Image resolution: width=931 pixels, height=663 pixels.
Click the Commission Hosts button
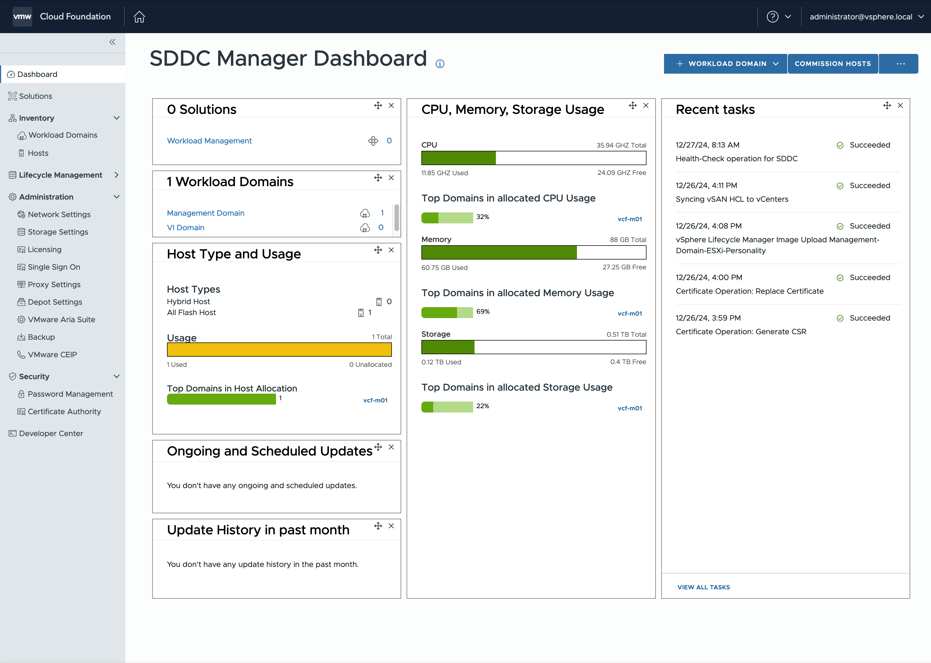(833, 64)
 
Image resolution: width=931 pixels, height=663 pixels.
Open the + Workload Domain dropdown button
(725, 64)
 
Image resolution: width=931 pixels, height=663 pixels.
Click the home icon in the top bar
(139, 17)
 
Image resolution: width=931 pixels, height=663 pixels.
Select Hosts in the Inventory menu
(38, 153)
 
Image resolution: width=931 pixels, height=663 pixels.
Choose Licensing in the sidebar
(45, 249)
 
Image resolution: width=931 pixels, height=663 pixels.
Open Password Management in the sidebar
(70, 394)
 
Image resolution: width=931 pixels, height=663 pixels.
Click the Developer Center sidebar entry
(51, 434)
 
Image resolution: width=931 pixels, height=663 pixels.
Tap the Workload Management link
(209, 141)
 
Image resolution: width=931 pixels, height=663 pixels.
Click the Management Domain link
(205, 213)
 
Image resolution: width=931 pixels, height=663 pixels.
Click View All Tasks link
(703, 587)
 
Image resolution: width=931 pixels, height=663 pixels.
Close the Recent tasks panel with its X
(900, 105)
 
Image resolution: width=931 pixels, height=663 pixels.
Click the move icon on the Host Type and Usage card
(378, 250)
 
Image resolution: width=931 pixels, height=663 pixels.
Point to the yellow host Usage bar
(279, 350)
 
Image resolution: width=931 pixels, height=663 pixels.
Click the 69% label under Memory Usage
(483, 312)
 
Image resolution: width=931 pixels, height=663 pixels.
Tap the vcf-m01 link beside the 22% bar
(630, 408)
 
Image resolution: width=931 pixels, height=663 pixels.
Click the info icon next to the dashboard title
(440, 64)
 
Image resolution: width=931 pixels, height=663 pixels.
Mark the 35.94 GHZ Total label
(621, 145)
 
